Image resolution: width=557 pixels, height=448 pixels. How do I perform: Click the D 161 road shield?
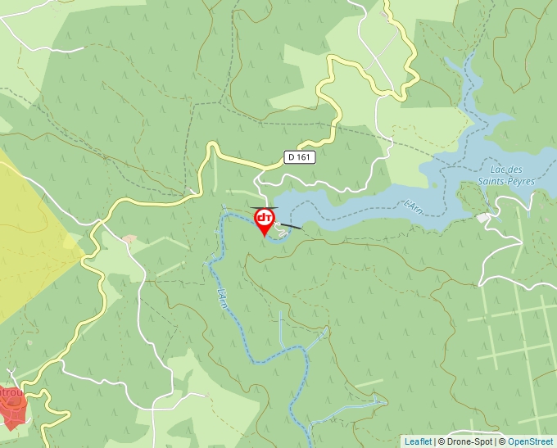click(x=301, y=156)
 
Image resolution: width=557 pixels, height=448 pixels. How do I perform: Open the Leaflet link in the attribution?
click(x=418, y=441)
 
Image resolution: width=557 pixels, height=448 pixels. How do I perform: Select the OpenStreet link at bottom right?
click(x=532, y=441)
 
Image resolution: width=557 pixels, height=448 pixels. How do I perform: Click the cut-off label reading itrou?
click(x=11, y=392)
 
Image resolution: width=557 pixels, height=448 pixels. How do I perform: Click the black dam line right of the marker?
click(x=291, y=225)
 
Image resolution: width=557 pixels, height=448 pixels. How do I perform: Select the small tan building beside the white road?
click(x=129, y=239)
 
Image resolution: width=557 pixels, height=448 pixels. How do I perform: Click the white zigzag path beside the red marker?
click(x=281, y=232)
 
